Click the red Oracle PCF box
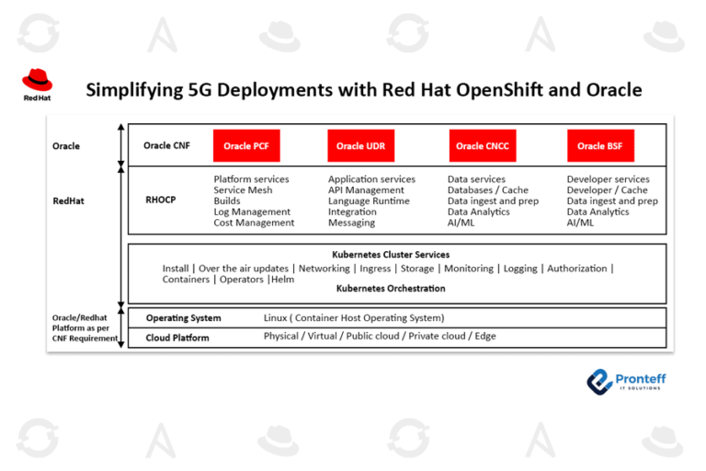[245, 145]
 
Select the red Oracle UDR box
[361, 145]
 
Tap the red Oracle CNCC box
[483, 145]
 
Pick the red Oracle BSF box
[600, 145]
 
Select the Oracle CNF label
[167, 145]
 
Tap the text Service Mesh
[243, 190]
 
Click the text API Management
[366, 190]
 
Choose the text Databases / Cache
[488, 190]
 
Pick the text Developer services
[608, 179]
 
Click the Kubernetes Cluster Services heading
[391, 254]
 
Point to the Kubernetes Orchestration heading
[391, 289]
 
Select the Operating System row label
[183, 318]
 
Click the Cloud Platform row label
[177, 338]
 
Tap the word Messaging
[351, 223]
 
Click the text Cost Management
[254, 223]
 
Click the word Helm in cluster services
[283, 279]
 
